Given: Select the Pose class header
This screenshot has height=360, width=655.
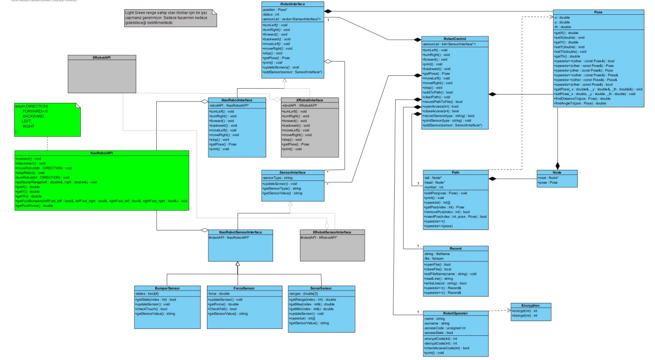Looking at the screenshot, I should tap(598, 11).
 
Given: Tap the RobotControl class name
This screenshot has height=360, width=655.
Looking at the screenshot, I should tap(455, 38).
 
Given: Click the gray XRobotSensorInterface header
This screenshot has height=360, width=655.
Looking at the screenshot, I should tap(332, 232).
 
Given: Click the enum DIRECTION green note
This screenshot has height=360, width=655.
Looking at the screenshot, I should tap(45, 118).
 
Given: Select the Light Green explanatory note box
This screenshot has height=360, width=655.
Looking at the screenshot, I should tap(171, 19).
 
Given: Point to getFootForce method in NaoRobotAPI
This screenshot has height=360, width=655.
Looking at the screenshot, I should tap(34, 206).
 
